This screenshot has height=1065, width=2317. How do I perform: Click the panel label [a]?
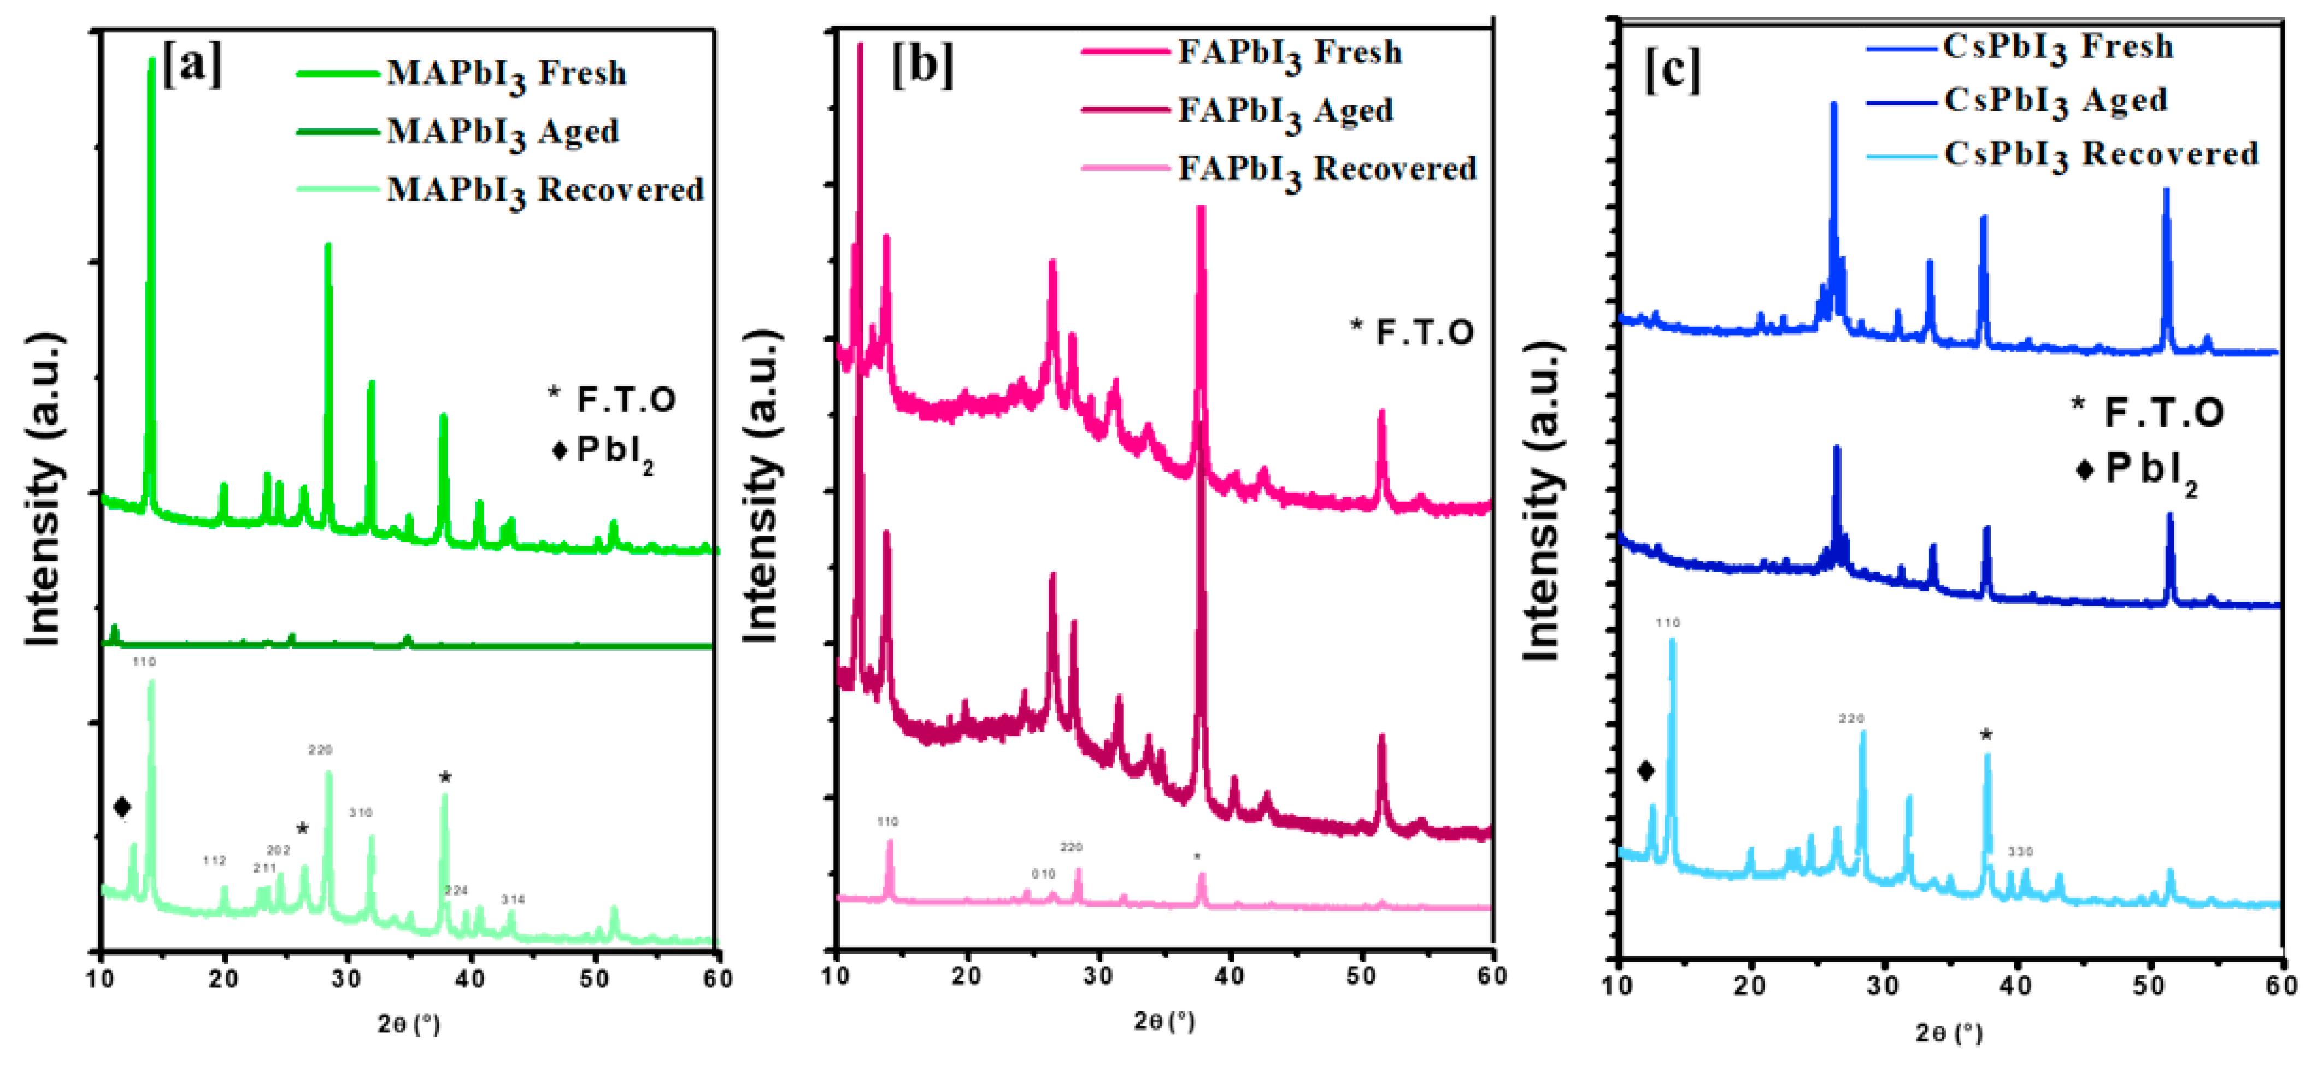[x=192, y=65]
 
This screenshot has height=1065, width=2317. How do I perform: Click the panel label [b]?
[x=922, y=65]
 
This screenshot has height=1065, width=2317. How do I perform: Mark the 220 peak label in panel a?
[x=320, y=749]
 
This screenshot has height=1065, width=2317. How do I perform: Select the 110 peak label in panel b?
[x=888, y=821]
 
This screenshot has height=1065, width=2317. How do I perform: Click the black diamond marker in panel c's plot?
[x=1645, y=770]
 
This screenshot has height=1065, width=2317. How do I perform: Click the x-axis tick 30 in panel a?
[x=347, y=979]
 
